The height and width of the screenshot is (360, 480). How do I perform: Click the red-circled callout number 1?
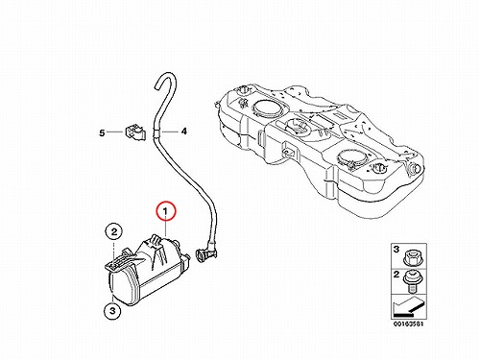pos(166,211)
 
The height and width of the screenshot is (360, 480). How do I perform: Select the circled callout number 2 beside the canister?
pos(114,232)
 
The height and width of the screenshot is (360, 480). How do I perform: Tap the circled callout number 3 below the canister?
pos(112,310)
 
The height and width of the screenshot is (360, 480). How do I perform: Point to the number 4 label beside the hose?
pos(183,132)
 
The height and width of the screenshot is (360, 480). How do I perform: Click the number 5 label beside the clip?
pos(102,132)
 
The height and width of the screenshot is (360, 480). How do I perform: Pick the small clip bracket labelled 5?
pos(134,132)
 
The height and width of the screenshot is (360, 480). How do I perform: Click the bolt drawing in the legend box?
pos(413,281)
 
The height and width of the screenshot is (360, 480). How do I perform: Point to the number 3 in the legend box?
pos(396,249)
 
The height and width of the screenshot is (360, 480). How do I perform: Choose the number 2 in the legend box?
pos(396,275)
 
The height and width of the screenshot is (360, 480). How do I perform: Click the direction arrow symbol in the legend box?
pos(408,307)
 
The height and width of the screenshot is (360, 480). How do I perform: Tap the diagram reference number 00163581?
pos(408,324)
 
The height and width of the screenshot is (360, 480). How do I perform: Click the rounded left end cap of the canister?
pos(122,286)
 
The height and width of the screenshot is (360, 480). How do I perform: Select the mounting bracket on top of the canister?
pos(121,258)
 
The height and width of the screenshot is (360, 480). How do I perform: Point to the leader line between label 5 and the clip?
pos(115,132)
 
